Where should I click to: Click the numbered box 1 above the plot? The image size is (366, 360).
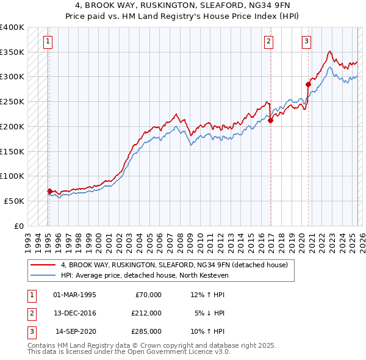(x=48, y=41)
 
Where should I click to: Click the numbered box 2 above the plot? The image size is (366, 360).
(x=268, y=41)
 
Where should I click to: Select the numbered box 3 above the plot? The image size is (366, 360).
(x=306, y=41)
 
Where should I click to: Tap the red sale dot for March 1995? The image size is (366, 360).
(x=49, y=191)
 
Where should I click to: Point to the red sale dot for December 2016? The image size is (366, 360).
(x=270, y=120)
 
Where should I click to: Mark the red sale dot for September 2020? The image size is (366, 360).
(x=308, y=84)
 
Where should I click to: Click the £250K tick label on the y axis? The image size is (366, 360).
(x=12, y=101)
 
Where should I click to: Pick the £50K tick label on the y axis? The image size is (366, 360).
(x=15, y=201)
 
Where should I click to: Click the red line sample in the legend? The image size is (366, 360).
(x=43, y=265)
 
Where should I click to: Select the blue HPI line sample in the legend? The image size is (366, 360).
(x=43, y=275)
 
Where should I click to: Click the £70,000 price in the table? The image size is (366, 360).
(x=146, y=295)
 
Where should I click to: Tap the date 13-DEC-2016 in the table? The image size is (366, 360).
(x=74, y=313)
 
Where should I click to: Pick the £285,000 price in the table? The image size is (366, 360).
(x=146, y=331)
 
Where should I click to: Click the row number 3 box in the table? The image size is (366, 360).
(x=30, y=331)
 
